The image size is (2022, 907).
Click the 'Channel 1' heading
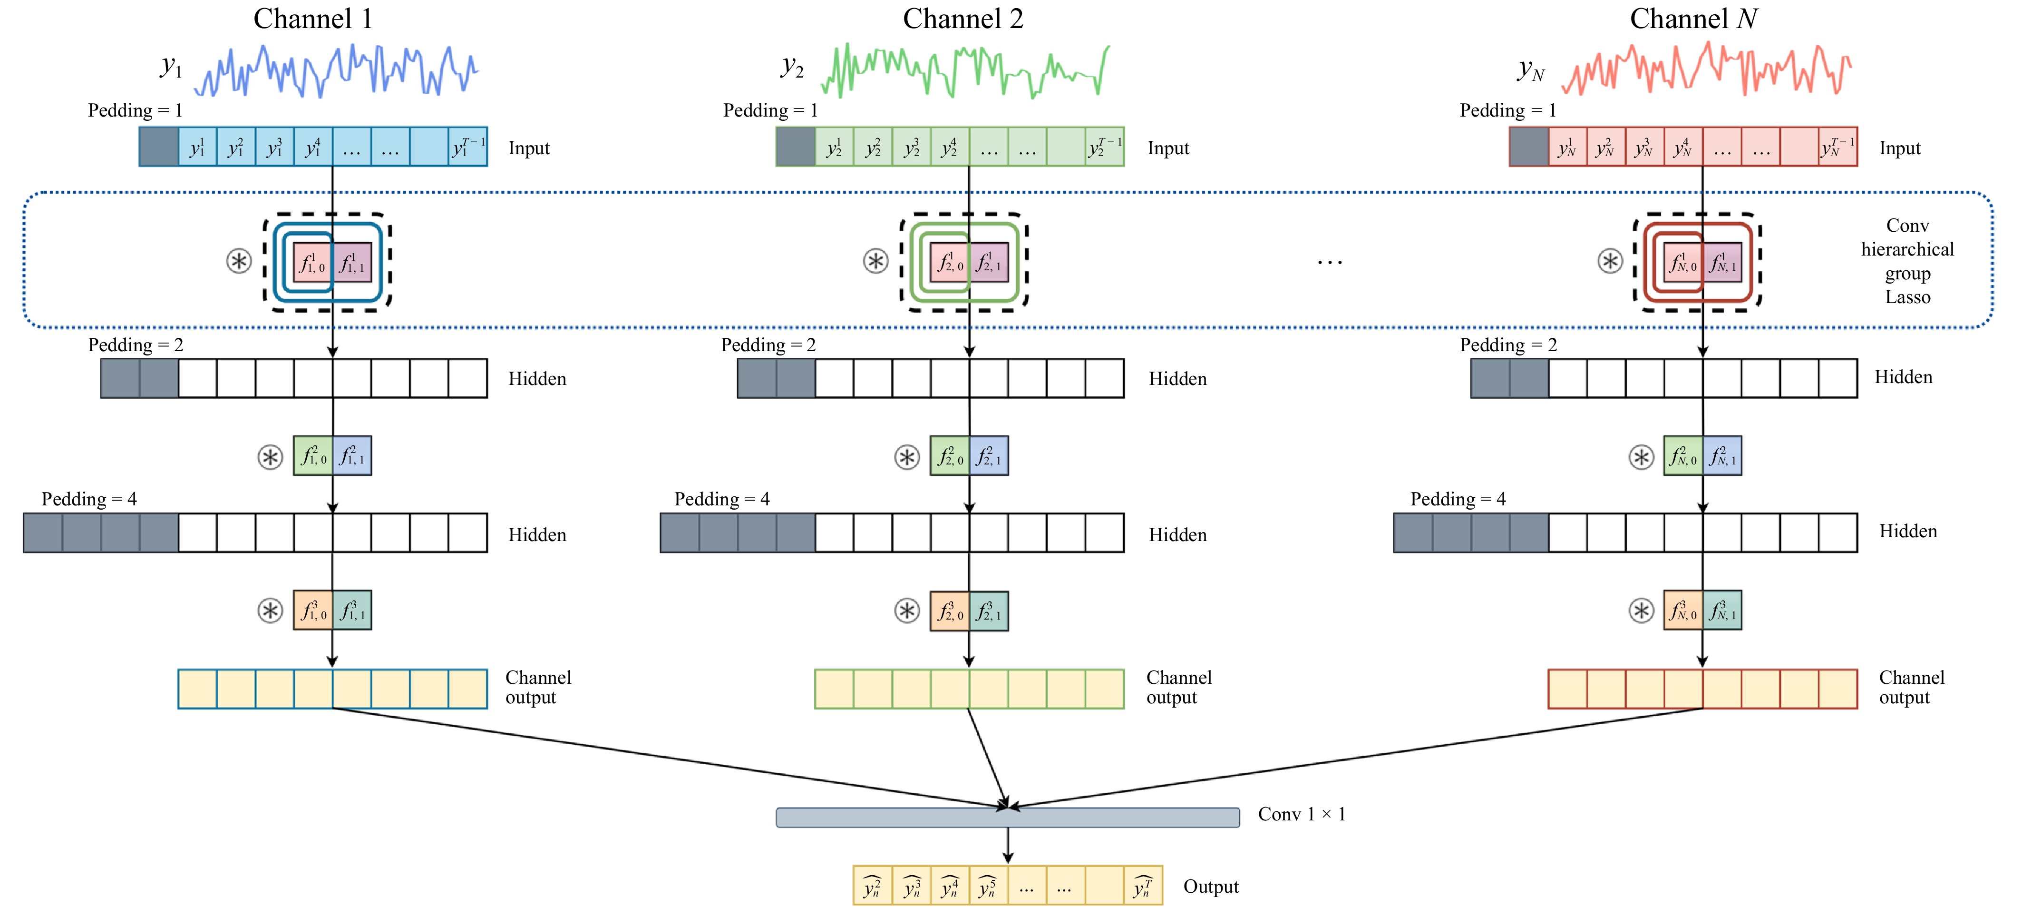[x=312, y=19]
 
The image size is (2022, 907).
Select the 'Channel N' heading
[x=1693, y=19]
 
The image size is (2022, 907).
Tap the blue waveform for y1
[x=336, y=71]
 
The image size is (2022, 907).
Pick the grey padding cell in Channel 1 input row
[x=158, y=147]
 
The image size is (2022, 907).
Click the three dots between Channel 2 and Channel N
[x=1330, y=262]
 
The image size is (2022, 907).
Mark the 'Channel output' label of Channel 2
[x=1178, y=687]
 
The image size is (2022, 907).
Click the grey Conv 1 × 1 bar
[x=1007, y=818]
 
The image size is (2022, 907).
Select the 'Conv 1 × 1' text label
[x=1302, y=814]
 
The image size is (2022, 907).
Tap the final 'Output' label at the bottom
[x=1210, y=887]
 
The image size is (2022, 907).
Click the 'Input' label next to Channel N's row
[x=1900, y=148]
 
